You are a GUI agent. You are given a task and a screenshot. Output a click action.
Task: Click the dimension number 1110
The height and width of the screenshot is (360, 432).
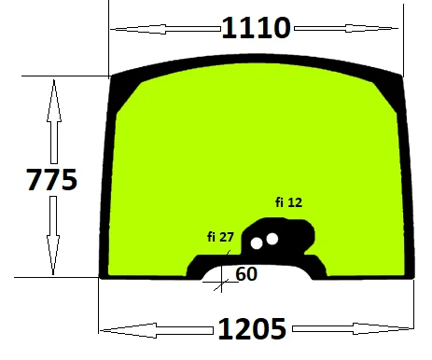coord(257,28)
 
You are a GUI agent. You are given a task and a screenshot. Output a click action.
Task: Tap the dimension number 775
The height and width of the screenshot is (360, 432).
coord(51,179)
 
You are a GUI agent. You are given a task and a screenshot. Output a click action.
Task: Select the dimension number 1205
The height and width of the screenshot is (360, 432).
coord(252,328)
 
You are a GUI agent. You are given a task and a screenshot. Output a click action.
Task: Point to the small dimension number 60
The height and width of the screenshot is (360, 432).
coord(246,274)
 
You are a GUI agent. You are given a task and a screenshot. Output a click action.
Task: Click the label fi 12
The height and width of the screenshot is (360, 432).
coord(288,202)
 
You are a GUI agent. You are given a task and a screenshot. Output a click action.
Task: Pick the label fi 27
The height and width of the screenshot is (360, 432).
coord(220,237)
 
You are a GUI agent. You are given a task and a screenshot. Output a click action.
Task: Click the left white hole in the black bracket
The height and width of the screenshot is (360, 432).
coord(257,243)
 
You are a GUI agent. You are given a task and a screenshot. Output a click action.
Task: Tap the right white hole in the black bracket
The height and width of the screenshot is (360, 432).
coord(272,239)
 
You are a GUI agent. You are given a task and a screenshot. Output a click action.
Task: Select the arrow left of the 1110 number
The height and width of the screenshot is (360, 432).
coord(165,29)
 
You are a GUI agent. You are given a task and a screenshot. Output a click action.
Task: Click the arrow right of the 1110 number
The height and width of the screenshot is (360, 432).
coord(346,28)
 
